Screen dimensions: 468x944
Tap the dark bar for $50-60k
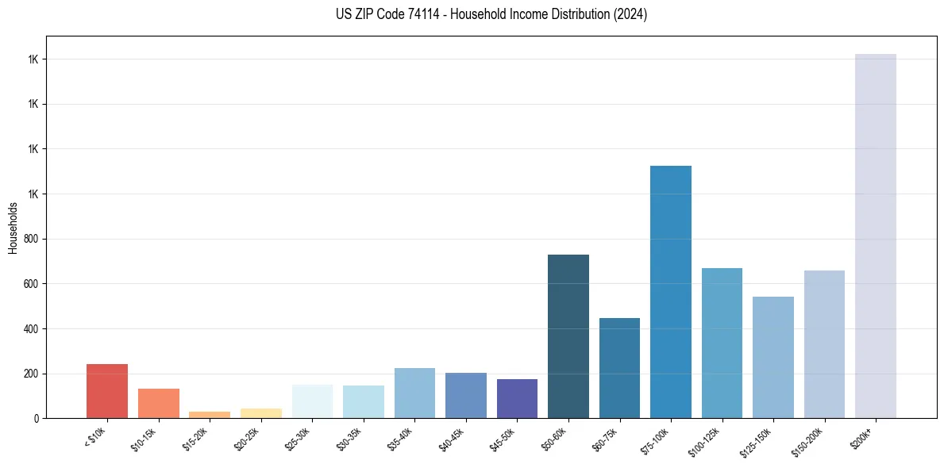click(x=568, y=336)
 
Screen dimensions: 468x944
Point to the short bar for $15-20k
click(x=210, y=415)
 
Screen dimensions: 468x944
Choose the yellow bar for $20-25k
click(x=260, y=413)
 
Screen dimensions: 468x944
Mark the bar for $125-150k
click(x=773, y=357)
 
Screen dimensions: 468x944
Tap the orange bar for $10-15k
click(x=158, y=403)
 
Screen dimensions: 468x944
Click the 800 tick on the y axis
click(x=32, y=239)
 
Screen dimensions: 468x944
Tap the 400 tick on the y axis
click(x=32, y=328)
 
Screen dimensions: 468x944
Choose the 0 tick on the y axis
click(x=37, y=418)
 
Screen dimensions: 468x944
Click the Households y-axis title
click(x=13, y=228)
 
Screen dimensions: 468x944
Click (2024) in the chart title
click(x=630, y=14)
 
